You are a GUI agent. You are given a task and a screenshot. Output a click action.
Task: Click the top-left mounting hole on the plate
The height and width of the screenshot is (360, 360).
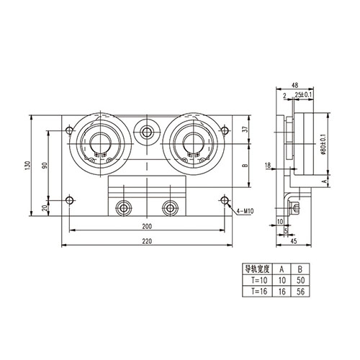tap(68, 131)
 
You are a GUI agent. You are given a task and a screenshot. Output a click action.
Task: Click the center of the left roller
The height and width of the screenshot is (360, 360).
tap(100, 141)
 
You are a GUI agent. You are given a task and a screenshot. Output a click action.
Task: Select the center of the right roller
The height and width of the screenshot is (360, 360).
tap(193, 141)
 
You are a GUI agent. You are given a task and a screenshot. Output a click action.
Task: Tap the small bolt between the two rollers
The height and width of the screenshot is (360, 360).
tap(147, 132)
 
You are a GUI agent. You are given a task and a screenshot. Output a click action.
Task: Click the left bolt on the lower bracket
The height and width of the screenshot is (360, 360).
tap(123, 208)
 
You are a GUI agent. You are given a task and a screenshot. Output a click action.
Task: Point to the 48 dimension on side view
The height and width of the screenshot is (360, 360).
tap(295, 84)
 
